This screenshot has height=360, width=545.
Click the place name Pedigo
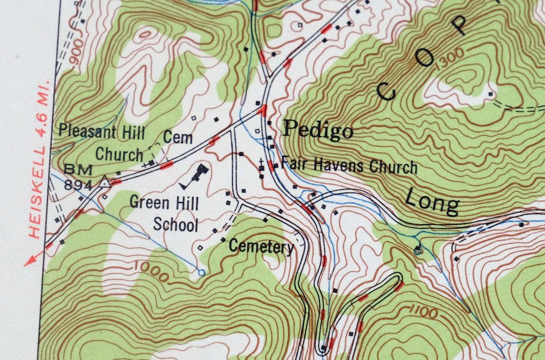point(318,130)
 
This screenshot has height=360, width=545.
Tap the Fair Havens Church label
point(349,166)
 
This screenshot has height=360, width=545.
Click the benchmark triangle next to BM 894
point(104,184)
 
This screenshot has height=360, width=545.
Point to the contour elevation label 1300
point(450,58)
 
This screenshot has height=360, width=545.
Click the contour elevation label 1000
point(150,271)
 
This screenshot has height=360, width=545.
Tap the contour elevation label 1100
point(420,312)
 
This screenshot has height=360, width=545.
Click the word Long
point(432,201)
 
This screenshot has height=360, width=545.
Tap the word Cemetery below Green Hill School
point(261,247)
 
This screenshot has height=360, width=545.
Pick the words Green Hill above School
point(164,203)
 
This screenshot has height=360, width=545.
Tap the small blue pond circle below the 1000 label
point(202,271)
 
